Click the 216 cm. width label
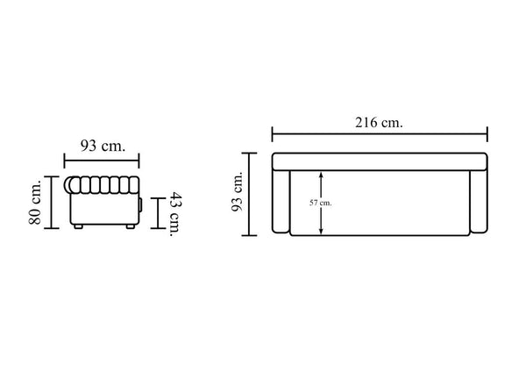[x=379, y=123]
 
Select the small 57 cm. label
[x=320, y=204]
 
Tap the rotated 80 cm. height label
[x=34, y=203]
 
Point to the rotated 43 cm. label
[x=176, y=214]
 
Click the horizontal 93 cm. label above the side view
[x=103, y=146]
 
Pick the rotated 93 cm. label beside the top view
[x=238, y=191]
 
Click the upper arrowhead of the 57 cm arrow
[x=321, y=175]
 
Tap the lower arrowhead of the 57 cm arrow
[x=321, y=231]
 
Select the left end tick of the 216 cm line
[x=272, y=134]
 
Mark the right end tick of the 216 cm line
[x=487, y=134]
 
